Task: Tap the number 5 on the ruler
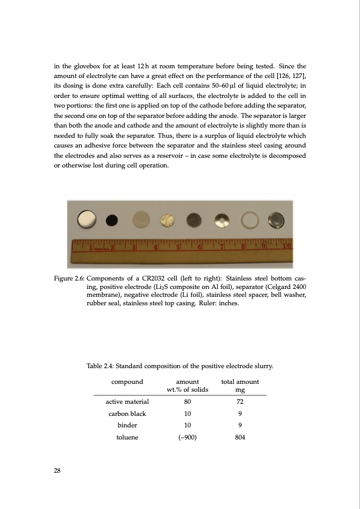click(x=178, y=247)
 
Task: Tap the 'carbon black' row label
click(x=127, y=413)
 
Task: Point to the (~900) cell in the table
click(x=188, y=438)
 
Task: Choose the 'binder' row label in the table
click(x=127, y=426)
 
